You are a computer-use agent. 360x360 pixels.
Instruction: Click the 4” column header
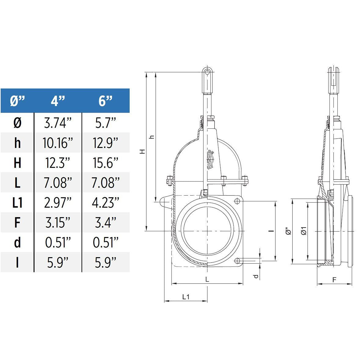(58, 100)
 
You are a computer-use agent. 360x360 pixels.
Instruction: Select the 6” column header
(106, 100)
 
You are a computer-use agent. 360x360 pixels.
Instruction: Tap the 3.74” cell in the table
(58, 123)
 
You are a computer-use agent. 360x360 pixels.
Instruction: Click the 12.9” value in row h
(106, 143)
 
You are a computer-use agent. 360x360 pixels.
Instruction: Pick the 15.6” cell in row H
(106, 163)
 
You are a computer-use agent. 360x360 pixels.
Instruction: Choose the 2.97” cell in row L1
(58, 202)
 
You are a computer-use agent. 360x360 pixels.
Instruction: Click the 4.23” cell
(106, 202)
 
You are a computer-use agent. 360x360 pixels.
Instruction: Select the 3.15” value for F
(58, 222)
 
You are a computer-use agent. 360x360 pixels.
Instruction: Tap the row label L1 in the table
(17, 202)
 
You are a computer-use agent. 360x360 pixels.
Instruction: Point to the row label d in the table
(17, 242)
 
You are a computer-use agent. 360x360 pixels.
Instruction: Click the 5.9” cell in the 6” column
(106, 262)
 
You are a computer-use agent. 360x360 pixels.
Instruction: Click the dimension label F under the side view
(334, 279)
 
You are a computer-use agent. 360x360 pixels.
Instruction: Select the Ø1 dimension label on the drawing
(304, 231)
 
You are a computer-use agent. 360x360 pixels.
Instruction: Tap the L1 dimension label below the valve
(186, 297)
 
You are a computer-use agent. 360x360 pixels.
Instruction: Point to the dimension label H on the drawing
(142, 151)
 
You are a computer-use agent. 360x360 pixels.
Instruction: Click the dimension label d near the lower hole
(256, 276)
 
